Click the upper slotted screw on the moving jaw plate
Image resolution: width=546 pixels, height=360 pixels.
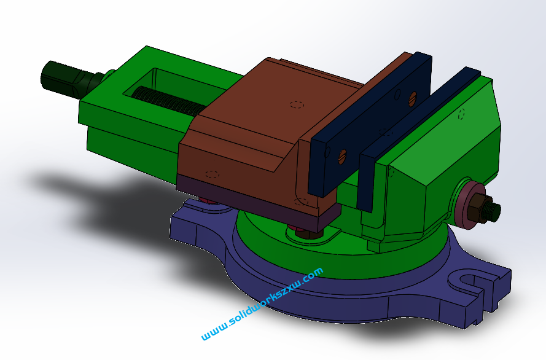pyautogui.click(x=413, y=96)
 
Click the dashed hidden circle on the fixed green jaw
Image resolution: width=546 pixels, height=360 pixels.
pyautogui.click(x=461, y=114)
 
